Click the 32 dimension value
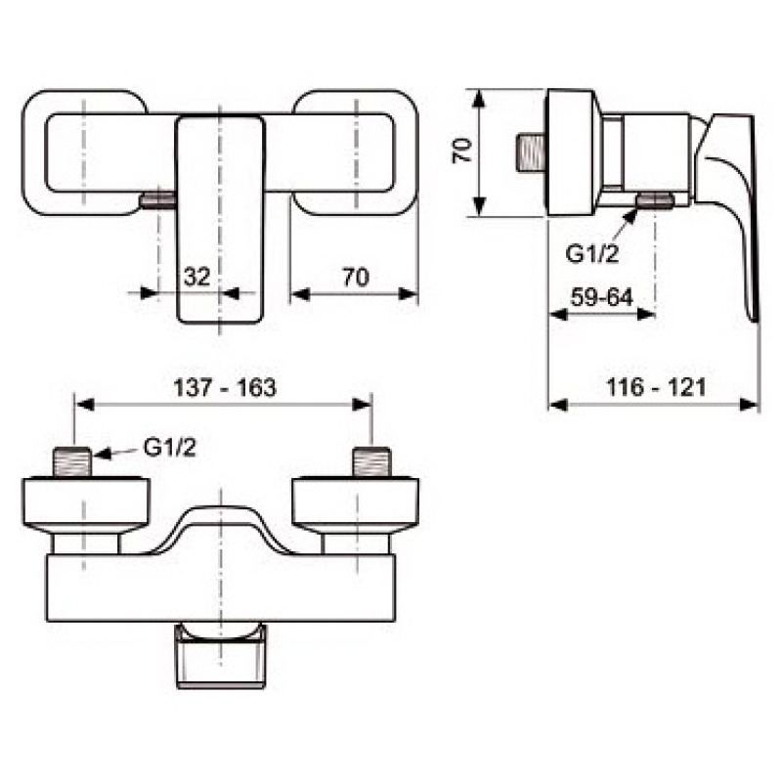[197, 277]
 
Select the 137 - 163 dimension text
[225, 387]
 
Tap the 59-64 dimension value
[602, 297]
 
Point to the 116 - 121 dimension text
[656, 387]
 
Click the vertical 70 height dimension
[462, 151]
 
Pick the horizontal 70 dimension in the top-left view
[356, 277]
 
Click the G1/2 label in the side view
[592, 254]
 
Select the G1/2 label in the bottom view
[169, 448]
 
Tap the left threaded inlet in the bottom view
[72, 462]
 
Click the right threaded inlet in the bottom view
[372, 462]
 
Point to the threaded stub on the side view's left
[532, 153]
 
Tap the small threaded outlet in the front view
[157, 201]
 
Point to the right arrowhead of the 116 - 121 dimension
[749, 405]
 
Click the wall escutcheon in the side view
[572, 153]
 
